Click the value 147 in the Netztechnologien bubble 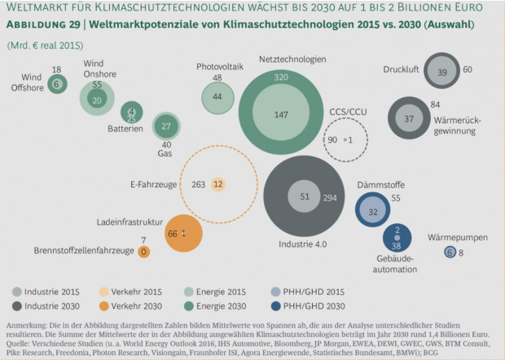(x=281, y=115)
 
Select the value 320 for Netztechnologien (x=281, y=77)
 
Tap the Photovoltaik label (x=217, y=66)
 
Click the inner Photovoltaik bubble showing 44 (x=217, y=96)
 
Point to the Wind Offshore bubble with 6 (x=56, y=83)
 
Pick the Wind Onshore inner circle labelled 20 (x=97, y=100)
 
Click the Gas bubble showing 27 (x=166, y=126)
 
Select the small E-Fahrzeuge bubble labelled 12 (x=217, y=184)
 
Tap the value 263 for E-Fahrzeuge (x=197, y=184)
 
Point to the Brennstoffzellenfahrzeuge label (x=84, y=251)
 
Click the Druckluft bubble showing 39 (x=441, y=72)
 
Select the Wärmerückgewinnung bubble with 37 (x=409, y=119)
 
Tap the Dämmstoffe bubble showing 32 (x=373, y=211)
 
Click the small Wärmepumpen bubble (x=450, y=253)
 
